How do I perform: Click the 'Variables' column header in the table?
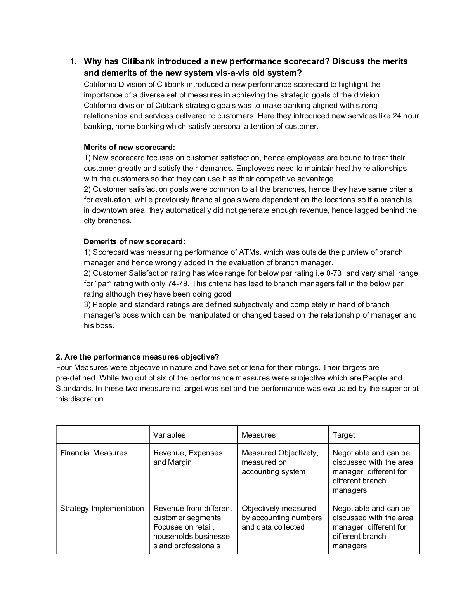tap(169, 435)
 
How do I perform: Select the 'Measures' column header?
tap(258, 435)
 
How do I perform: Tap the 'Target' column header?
tap(344, 435)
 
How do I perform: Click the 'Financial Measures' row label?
tap(94, 453)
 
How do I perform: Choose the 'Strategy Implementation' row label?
tap(102, 508)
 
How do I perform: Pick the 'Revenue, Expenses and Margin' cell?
tap(188, 457)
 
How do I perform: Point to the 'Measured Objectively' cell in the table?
tap(280, 462)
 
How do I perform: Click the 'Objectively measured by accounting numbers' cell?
tap(282, 518)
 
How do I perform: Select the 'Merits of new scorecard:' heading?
tap(130, 147)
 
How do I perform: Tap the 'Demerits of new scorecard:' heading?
tap(135, 241)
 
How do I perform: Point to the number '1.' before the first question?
tap(74, 61)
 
